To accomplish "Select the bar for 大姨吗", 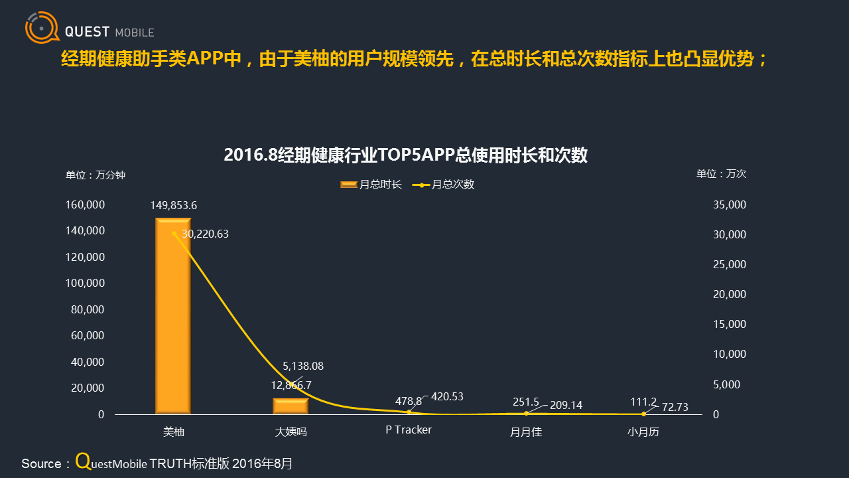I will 291,406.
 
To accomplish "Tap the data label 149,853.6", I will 174,205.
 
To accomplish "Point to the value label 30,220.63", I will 205,234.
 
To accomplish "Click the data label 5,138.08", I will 303,366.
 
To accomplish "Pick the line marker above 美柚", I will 174,233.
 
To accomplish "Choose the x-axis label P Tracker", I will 409,430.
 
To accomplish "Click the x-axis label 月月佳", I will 526,432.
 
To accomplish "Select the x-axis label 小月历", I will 643,432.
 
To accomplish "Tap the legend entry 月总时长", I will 371,185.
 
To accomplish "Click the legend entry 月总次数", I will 444,185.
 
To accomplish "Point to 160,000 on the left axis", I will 85,205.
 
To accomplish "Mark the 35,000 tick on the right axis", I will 730,205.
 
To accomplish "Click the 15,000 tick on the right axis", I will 730,325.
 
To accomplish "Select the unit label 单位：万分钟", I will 95,175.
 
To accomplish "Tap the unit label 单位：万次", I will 721,174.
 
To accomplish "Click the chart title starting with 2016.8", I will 405,155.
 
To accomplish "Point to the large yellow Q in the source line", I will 83,461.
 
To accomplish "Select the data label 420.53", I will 447,396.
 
